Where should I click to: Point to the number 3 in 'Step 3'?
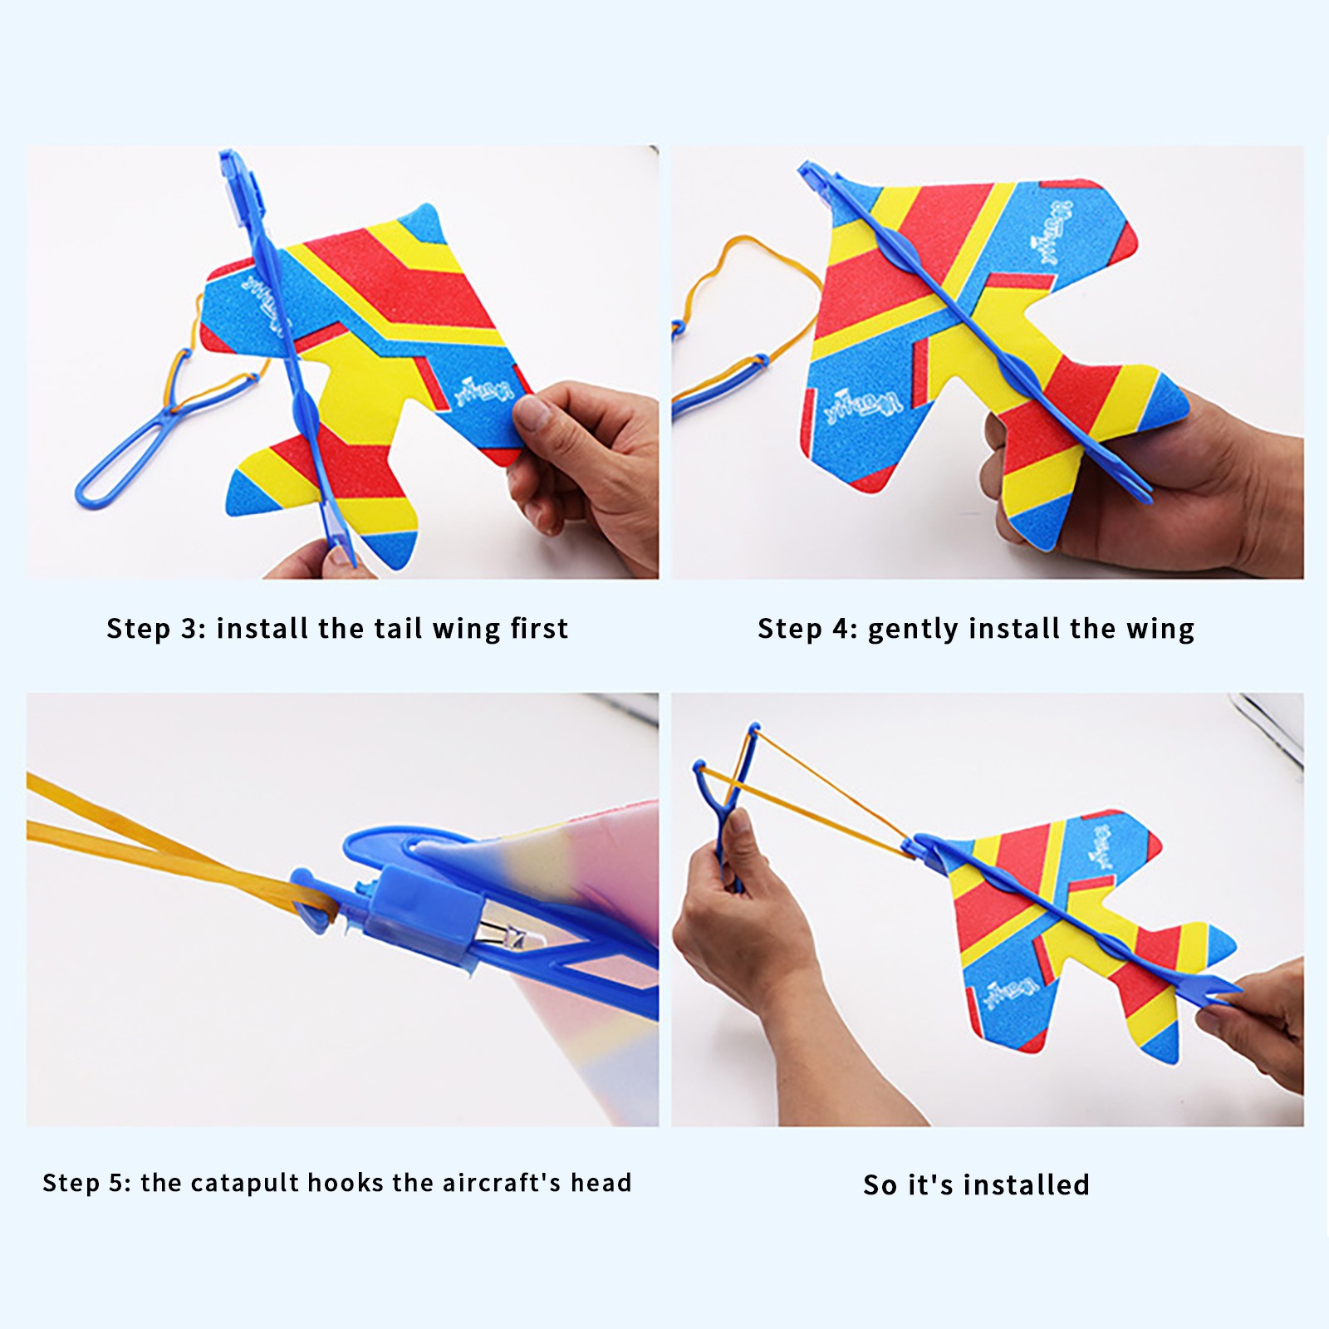(189, 629)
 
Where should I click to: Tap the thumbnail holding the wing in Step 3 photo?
(530, 410)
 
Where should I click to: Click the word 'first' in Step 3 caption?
(539, 628)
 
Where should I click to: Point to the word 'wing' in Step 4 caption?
(1160, 630)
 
